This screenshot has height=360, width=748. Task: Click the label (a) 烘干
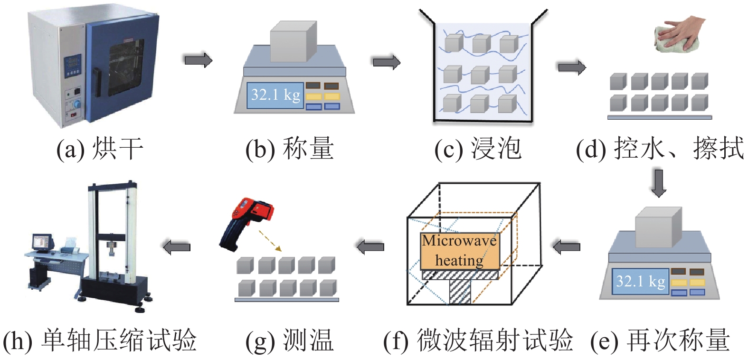(x=100, y=149)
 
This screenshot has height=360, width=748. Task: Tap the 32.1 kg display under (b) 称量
(x=275, y=95)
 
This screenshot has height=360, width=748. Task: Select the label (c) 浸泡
(x=478, y=149)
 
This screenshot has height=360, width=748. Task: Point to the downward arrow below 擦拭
(x=659, y=182)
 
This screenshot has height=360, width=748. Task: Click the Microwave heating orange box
(x=459, y=251)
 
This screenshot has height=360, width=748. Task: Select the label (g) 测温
(x=289, y=341)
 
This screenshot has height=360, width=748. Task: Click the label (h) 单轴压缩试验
(x=100, y=341)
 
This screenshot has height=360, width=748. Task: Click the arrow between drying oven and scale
(x=198, y=60)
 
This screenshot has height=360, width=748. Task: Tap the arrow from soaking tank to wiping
(x=571, y=67)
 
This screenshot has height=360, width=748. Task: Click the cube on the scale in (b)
(x=293, y=41)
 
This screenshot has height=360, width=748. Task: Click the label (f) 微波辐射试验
(x=478, y=341)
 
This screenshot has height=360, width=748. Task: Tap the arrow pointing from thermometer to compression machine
(x=177, y=247)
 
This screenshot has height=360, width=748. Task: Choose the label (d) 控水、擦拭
(x=660, y=149)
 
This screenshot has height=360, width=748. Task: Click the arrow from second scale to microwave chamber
(x=566, y=246)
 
